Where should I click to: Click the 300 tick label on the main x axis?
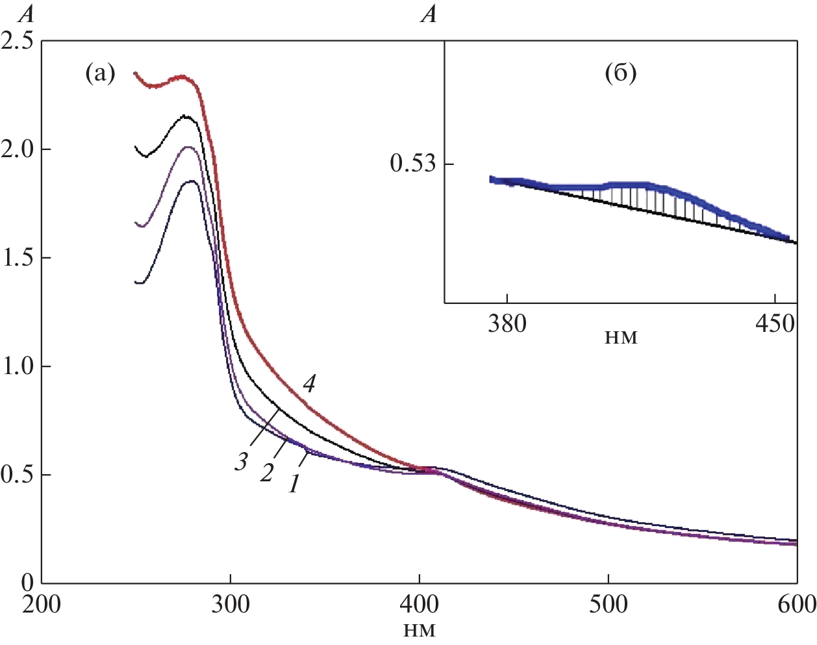coord(231,604)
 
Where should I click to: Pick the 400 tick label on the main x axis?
coord(419,604)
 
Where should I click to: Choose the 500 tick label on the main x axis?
coord(608,604)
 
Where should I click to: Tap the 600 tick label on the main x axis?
coord(796,604)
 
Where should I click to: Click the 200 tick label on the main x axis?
coord(42,604)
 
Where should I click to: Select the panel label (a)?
coord(100,74)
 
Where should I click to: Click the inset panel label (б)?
coord(620,73)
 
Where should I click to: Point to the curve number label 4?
coord(309,384)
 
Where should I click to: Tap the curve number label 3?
coord(242,462)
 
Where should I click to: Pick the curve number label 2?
coord(267,472)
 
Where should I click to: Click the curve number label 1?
coord(294,483)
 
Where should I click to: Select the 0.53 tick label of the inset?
coord(412,163)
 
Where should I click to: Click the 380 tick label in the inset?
coord(507,323)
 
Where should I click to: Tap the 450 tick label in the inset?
coord(775,323)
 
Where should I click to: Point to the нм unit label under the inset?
coord(620,338)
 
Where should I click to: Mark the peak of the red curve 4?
coord(182,77)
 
